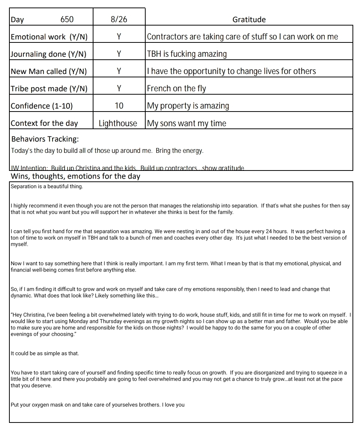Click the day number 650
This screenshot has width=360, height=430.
click(x=67, y=19)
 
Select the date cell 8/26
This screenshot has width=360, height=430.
click(x=119, y=19)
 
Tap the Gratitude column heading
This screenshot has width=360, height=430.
click(x=249, y=20)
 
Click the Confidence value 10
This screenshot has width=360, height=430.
click(x=119, y=106)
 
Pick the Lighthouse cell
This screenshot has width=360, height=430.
click(x=118, y=123)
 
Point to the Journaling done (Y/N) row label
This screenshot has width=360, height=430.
click(x=48, y=54)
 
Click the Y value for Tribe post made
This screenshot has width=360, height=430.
click(x=119, y=89)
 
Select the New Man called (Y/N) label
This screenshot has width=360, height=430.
click(x=48, y=71)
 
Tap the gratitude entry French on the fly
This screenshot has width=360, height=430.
click(x=176, y=89)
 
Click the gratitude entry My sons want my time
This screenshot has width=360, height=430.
click(x=187, y=123)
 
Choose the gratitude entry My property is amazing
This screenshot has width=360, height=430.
click(x=188, y=106)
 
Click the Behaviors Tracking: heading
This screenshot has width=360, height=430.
click(x=45, y=139)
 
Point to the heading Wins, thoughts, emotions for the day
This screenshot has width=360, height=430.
click(x=75, y=176)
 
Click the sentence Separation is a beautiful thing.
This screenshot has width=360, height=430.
click(x=47, y=187)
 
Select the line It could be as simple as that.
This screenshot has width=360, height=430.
click(x=45, y=353)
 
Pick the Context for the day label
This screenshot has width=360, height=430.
click(x=44, y=123)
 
